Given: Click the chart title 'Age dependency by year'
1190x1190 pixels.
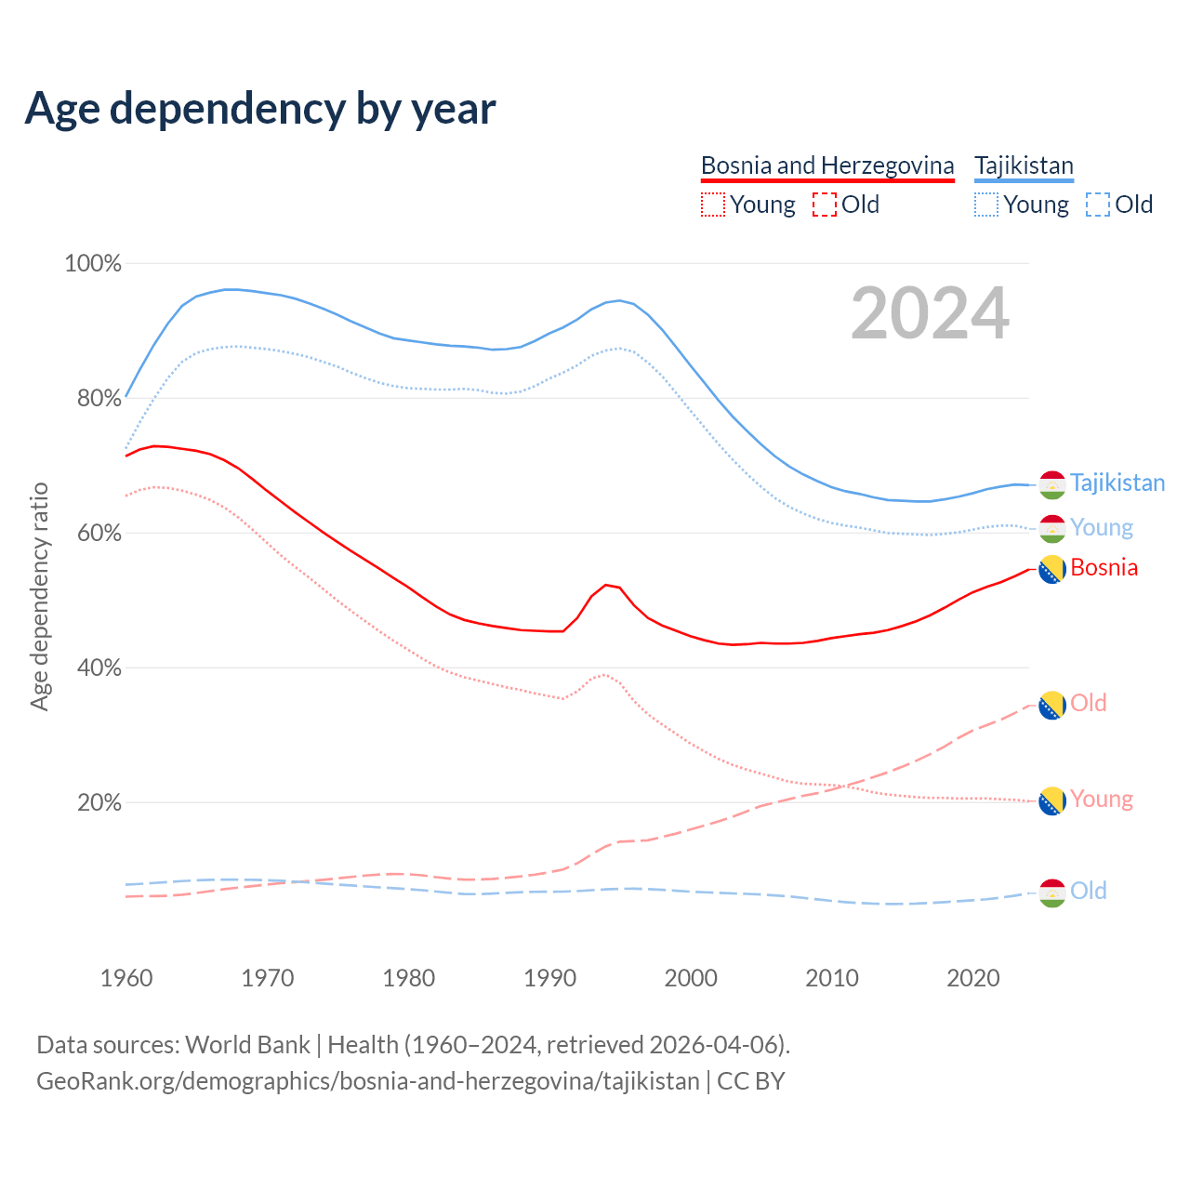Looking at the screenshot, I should click(260, 109).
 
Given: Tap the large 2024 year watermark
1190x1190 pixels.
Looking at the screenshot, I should click(930, 313).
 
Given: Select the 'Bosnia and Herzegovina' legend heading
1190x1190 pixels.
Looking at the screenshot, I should click(827, 165).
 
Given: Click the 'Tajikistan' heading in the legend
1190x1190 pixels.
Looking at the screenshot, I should click(1024, 165).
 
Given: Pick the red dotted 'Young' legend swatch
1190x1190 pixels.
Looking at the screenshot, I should click(712, 205).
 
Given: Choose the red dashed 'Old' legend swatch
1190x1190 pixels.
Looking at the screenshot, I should click(824, 205).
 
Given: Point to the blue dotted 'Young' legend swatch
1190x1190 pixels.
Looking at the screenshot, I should click(986, 205).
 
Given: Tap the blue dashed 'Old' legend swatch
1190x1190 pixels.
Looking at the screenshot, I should click(1098, 205).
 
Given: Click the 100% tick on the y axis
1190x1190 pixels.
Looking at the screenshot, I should click(93, 263).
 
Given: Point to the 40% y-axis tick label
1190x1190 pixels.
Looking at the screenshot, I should click(98, 668).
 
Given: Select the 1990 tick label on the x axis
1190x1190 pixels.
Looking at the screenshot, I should click(550, 978).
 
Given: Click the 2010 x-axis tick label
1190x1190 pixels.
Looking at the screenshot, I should click(832, 978).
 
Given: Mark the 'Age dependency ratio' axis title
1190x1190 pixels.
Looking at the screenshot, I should click(39, 596).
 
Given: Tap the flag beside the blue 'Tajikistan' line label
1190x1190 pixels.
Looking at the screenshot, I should click(1051, 484).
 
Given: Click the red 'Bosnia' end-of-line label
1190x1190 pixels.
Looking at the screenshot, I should click(1104, 567).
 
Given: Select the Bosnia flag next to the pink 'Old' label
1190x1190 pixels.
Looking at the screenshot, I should click(1051, 706).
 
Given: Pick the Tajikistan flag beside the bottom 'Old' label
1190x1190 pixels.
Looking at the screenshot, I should click(1051, 892).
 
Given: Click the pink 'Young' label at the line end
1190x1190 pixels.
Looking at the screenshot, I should click(1102, 799).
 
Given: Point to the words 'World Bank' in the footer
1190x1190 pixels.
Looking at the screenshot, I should click(247, 1044).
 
